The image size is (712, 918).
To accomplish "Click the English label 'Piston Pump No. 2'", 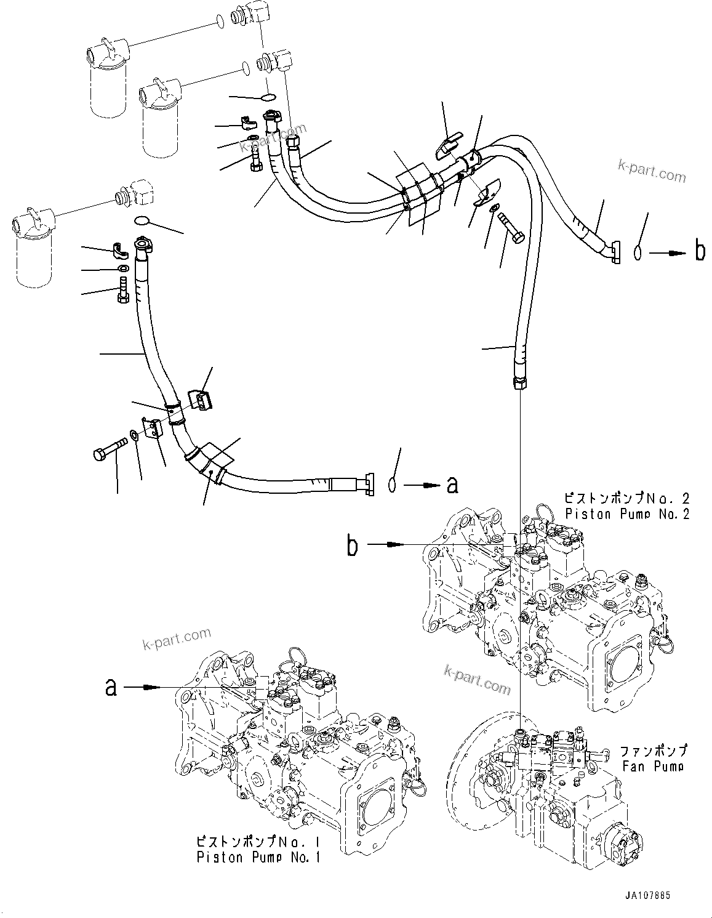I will coord(628,514).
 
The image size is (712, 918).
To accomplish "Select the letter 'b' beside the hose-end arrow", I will coord(700,252).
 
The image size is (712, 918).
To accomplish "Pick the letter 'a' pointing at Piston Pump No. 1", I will coord(111,686).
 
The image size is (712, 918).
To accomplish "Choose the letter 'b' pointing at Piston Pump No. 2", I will coord(352,545).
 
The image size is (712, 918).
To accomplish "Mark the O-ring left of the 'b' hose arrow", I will coord(638,252).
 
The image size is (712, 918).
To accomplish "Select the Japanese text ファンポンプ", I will coord(653,751).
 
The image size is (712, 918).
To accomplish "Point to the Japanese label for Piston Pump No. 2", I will coord(628,498).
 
